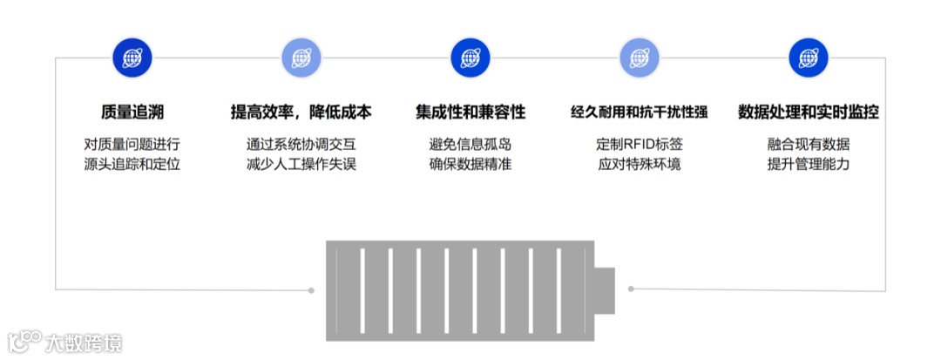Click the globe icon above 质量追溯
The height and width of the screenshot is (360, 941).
click(x=132, y=58)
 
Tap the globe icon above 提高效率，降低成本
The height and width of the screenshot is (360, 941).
click(x=301, y=58)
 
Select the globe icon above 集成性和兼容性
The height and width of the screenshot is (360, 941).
click(x=470, y=58)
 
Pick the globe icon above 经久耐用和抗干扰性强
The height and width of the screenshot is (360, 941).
click(x=640, y=58)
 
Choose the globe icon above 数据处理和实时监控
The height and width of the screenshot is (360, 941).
click(x=809, y=58)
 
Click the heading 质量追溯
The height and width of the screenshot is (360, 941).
click(x=132, y=112)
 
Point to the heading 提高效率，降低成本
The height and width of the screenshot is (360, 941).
click(x=301, y=112)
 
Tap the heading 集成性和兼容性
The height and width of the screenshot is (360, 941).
click(x=470, y=112)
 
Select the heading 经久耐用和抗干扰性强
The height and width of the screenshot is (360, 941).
click(x=639, y=112)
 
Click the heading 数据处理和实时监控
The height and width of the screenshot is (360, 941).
click(x=809, y=112)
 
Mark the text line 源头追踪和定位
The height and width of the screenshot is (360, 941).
click(x=132, y=164)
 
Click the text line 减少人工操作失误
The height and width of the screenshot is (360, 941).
click(x=301, y=164)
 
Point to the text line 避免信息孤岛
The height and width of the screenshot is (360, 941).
click(x=470, y=144)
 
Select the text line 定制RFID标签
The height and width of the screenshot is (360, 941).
click(x=639, y=144)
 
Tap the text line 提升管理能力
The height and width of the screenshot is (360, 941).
click(x=809, y=164)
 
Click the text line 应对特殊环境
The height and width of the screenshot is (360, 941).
click(x=639, y=164)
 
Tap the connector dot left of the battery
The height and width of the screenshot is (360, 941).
click(x=311, y=289)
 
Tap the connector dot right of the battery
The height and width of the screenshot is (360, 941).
click(x=631, y=289)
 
